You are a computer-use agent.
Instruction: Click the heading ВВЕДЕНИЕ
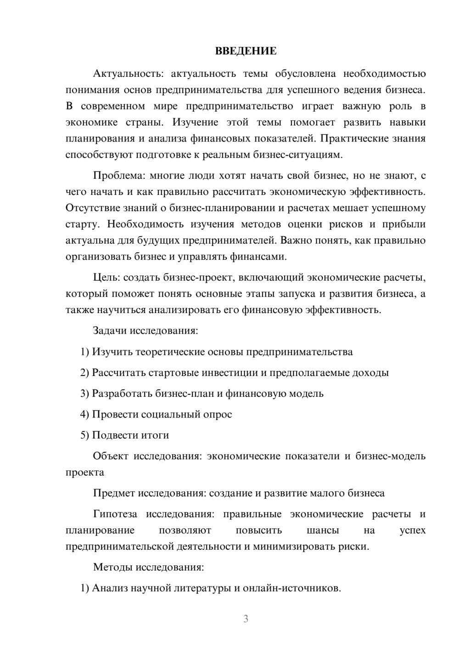tap(246, 51)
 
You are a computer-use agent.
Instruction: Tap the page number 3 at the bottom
tap(246, 619)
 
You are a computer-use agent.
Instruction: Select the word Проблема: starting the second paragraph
tap(119, 176)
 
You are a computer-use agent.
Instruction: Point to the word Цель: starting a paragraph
tap(107, 277)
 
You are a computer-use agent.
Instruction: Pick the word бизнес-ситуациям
tap(298, 154)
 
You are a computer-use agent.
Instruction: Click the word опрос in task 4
tap(217, 414)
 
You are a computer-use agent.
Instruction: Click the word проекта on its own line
tap(85, 472)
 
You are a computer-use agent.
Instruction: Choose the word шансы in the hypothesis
tap(323, 530)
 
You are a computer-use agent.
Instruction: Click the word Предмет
tap(112, 493)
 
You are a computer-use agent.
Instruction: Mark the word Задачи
tap(110, 331)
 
